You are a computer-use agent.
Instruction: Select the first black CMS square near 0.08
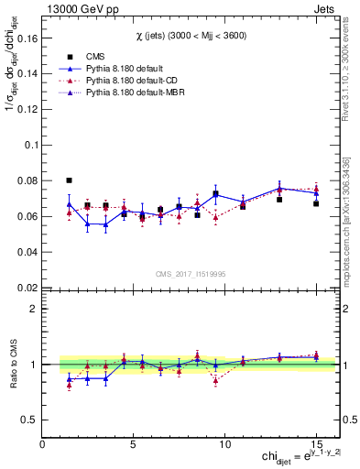(x=70, y=180)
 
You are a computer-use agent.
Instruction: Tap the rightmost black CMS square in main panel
(x=316, y=203)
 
